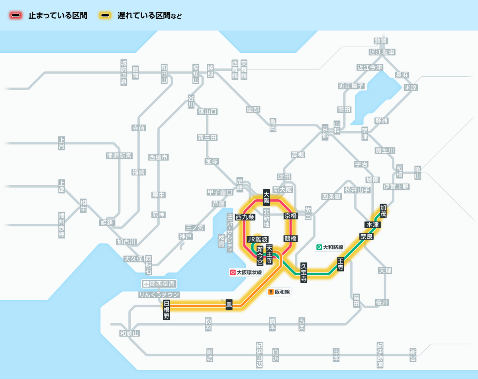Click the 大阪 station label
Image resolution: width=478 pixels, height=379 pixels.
tap(267, 198)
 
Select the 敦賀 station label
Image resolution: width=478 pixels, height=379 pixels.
tap(381, 41)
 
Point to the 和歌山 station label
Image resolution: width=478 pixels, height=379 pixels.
tap(130, 333)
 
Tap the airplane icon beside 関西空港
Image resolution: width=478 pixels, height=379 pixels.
tap(147, 284)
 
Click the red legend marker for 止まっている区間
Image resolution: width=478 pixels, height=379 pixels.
tap(16, 16)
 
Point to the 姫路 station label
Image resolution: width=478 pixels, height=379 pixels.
tap(107, 222)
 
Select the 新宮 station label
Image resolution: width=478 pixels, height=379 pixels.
tap(413, 355)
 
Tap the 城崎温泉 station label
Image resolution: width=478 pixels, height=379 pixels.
tap(124, 72)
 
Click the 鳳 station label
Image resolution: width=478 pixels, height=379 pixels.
tap(229, 305)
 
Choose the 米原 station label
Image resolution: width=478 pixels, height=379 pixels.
tap(411, 87)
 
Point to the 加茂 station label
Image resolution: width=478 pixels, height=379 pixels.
tap(383, 211)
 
